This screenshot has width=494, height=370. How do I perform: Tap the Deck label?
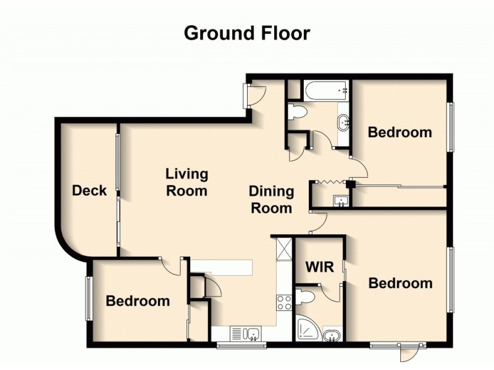(x=90, y=191)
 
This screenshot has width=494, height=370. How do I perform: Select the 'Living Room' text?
(x=186, y=183)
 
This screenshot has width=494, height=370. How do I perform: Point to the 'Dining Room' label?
(x=270, y=200)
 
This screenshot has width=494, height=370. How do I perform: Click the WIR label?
(x=320, y=267)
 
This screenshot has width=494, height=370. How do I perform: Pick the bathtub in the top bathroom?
(x=325, y=91)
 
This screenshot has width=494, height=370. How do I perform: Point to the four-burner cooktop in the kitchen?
(x=283, y=302)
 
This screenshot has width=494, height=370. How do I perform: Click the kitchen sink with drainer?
(x=246, y=334)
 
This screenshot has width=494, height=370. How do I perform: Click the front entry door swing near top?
(x=255, y=94)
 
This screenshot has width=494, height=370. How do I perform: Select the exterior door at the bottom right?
(x=407, y=352)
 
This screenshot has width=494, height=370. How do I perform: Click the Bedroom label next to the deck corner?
(x=138, y=301)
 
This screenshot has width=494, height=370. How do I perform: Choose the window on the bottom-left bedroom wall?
(x=89, y=298)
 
